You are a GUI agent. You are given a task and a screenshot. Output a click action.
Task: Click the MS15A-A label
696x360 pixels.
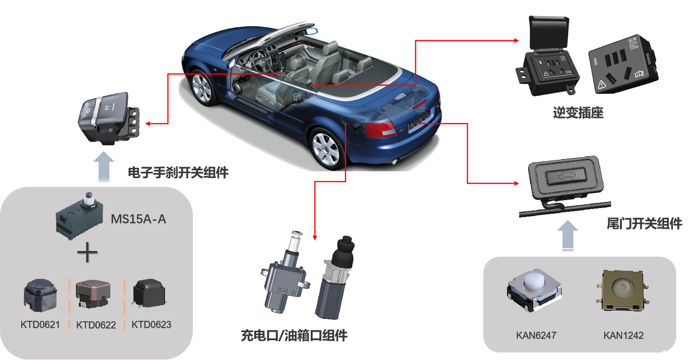pyautogui.click(x=138, y=219)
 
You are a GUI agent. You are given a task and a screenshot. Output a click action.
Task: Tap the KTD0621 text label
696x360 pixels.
pyautogui.click(x=40, y=325)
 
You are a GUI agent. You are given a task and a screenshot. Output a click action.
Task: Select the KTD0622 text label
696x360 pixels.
pyautogui.click(x=96, y=325)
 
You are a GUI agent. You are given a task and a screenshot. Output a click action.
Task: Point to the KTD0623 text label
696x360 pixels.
pyautogui.click(x=151, y=325)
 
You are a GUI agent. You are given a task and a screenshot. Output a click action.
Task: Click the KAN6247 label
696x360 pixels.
pyautogui.click(x=536, y=335)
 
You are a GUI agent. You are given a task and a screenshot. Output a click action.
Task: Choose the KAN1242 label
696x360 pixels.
pyautogui.click(x=623, y=335)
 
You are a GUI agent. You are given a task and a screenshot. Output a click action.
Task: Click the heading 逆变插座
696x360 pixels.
pyautogui.click(x=578, y=113)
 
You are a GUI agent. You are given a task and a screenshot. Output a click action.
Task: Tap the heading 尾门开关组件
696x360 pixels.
pyautogui.click(x=645, y=224)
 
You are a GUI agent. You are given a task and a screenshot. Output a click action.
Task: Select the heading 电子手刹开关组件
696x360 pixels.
pyautogui.click(x=178, y=173)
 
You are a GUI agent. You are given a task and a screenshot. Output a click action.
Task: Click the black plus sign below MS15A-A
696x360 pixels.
pyautogui.click(x=87, y=252)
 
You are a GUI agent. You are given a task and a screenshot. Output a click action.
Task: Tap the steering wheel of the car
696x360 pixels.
pyautogui.click(x=261, y=60)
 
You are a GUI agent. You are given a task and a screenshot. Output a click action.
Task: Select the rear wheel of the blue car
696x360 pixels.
pyautogui.click(x=326, y=149)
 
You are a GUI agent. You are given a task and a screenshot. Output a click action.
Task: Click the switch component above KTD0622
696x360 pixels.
pyautogui.click(x=93, y=294)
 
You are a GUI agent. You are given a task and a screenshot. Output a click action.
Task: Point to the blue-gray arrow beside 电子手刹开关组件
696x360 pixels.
pyautogui.click(x=104, y=167)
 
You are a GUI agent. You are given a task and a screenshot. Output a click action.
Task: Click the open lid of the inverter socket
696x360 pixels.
pyautogui.click(x=549, y=33)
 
